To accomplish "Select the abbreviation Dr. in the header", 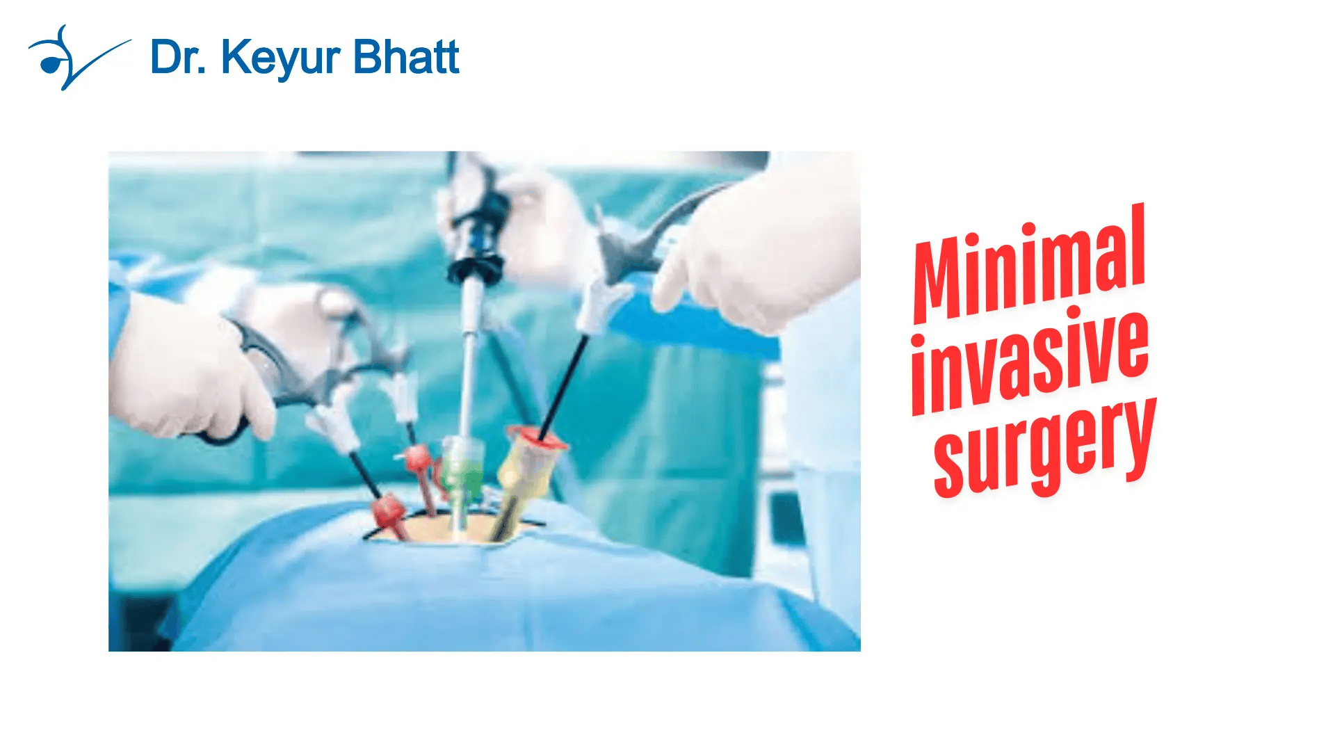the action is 178,56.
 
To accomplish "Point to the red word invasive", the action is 1029,362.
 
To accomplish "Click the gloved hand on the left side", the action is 188,369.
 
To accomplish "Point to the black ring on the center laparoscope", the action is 476,268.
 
